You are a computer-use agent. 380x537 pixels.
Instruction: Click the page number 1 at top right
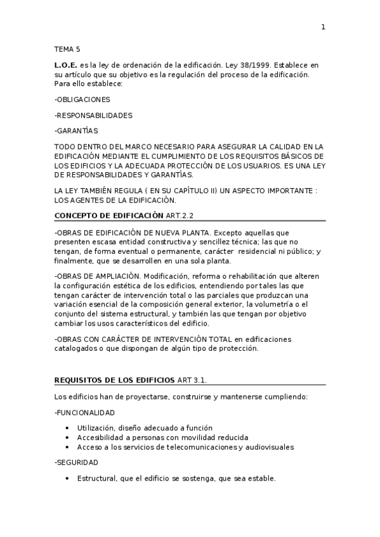coord(323,27)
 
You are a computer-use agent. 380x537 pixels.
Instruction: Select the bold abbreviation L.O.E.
coord(66,66)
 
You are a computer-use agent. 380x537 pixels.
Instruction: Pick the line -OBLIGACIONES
coord(82,99)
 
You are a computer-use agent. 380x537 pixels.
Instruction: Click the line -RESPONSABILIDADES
coord(93,115)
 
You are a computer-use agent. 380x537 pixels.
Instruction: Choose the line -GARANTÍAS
coord(77,131)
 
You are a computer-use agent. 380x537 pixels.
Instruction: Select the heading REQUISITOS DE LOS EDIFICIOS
coord(114,380)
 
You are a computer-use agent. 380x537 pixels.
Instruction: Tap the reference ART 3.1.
coord(192,380)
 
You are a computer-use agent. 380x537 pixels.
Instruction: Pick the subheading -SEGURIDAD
coord(76,463)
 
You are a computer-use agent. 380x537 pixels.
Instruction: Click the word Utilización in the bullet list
coord(96,428)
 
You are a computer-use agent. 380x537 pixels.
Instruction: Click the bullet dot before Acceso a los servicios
coord(67,447)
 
